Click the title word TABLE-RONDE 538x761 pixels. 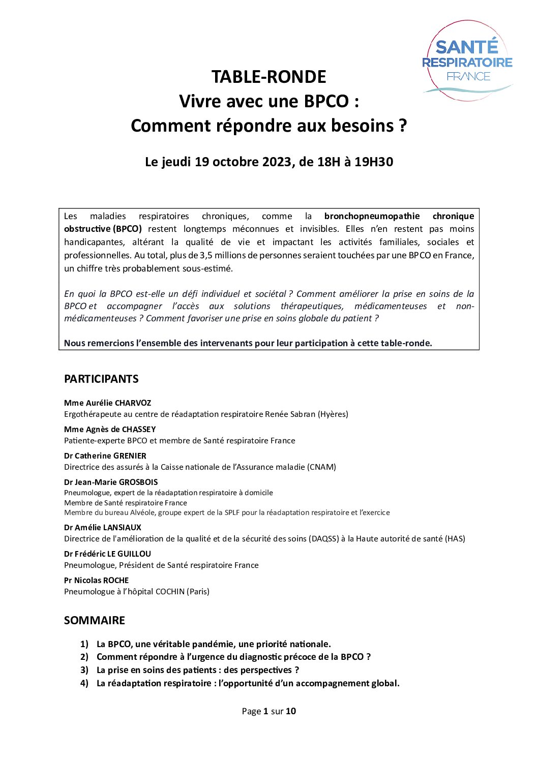click(268, 77)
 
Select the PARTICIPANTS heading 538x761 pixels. click(101, 379)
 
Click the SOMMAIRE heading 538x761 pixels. click(95, 620)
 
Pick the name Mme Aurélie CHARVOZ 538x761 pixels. click(108, 403)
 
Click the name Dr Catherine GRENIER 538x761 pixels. click(105, 455)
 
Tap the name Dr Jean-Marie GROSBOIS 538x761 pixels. click(111, 482)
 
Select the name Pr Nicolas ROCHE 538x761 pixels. click(97, 580)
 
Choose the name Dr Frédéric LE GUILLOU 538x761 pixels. click(108, 554)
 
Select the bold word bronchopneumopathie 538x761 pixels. click(372, 216)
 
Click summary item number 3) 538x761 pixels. click(84, 670)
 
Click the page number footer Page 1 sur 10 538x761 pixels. click(268, 711)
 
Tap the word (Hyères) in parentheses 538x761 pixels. click(333, 414)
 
